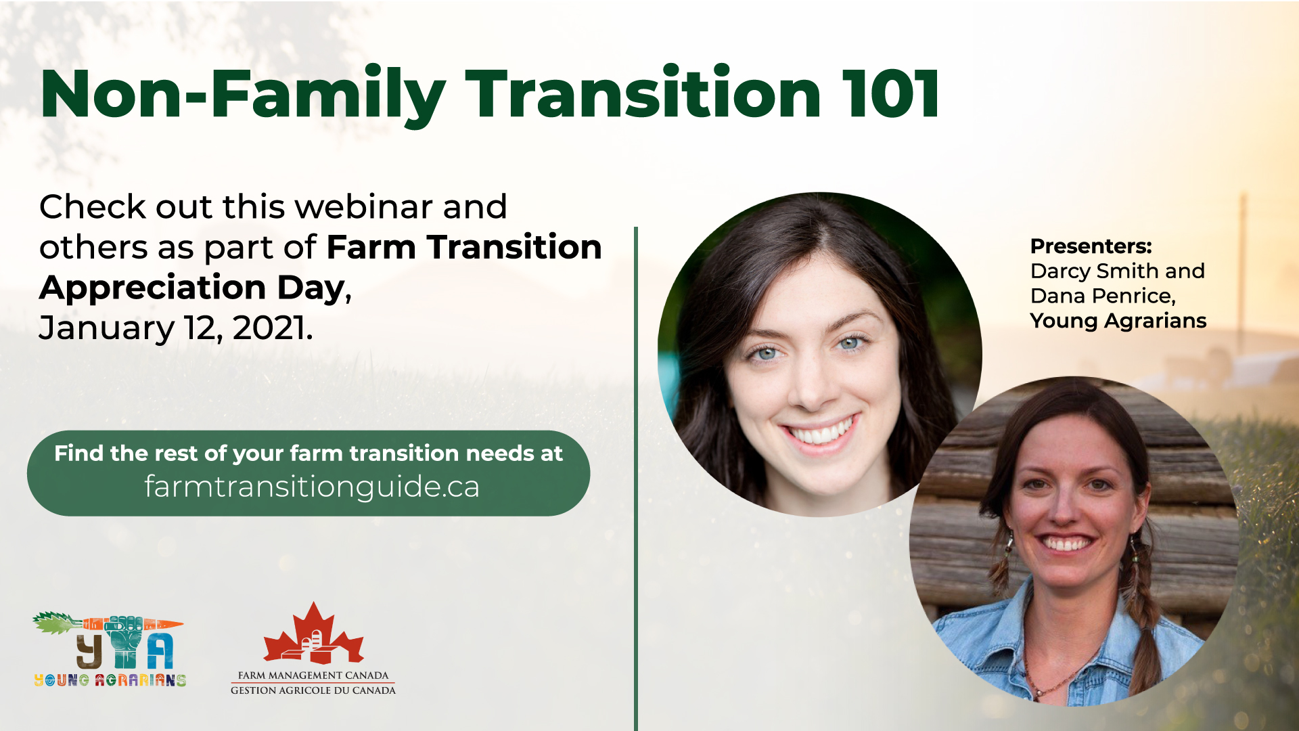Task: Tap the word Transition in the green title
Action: click(643, 95)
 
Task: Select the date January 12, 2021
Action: click(176, 328)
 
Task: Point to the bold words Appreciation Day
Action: click(193, 288)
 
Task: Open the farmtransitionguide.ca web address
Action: click(312, 487)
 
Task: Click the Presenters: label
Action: click(1091, 246)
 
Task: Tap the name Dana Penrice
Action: click(1103, 296)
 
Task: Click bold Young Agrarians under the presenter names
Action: click(1118, 321)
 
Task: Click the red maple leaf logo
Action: click(313, 634)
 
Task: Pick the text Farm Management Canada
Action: click(313, 675)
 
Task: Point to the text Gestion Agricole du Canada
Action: click(313, 690)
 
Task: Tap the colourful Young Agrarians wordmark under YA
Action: click(110, 680)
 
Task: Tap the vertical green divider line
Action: click(636, 474)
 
